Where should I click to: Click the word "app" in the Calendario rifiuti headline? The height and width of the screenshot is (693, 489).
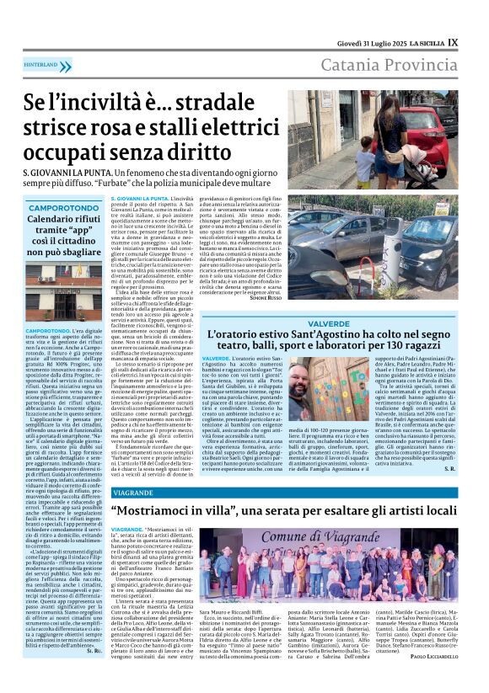pos(99,232)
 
